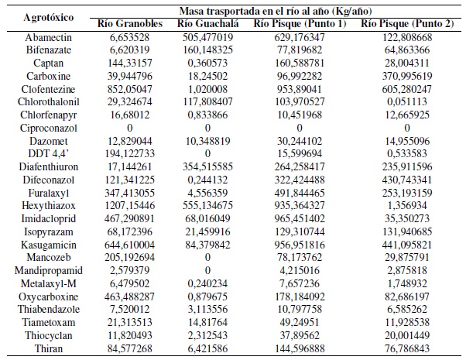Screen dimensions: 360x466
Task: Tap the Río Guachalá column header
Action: (219, 22)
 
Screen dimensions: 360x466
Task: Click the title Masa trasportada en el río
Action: (279, 10)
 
